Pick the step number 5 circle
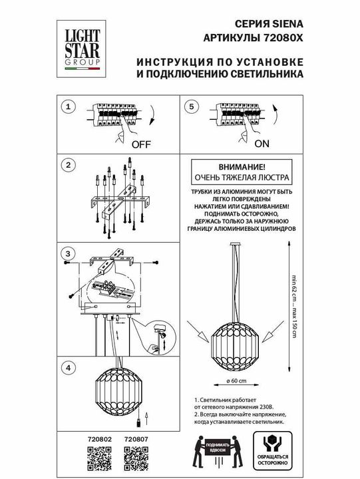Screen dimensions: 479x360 pyautogui.click(x=192, y=106)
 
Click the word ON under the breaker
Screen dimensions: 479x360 pyautogui.click(x=262, y=143)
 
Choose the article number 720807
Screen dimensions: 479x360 pyautogui.click(x=136, y=440)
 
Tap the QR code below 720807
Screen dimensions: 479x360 pyautogui.click(x=136, y=458)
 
